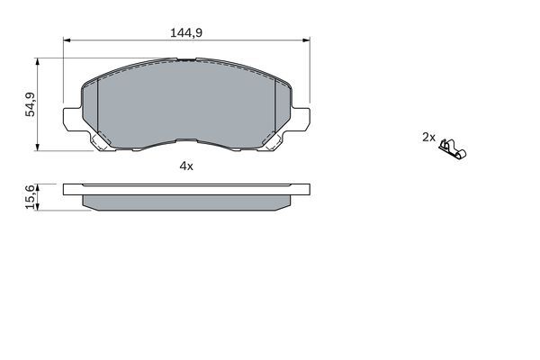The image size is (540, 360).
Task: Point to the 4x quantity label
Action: tap(186, 166)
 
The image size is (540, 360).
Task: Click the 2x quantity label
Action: tap(428, 137)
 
